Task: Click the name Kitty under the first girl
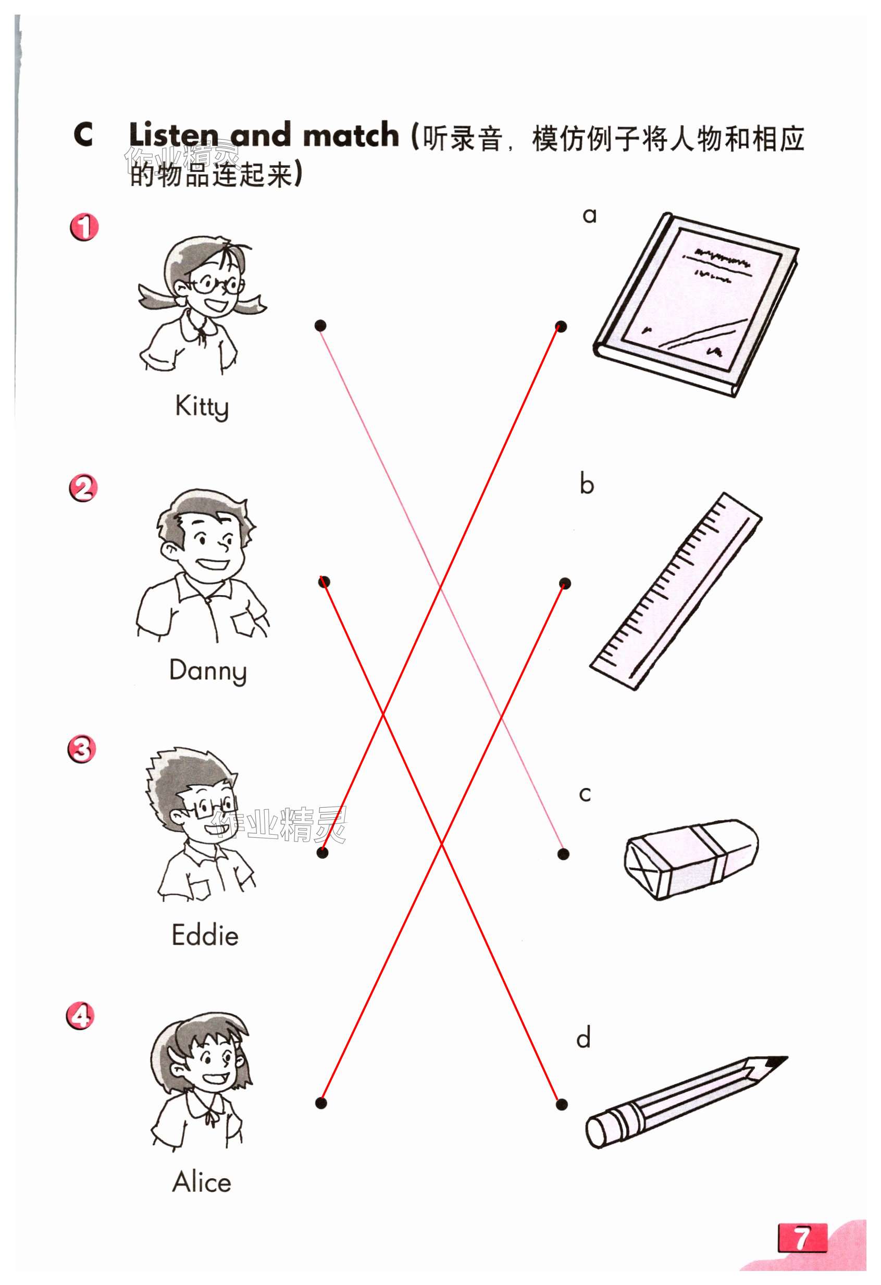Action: point(202,407)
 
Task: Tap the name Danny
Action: point(208,671)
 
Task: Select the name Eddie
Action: point(205,935)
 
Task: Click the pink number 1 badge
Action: point(84,227)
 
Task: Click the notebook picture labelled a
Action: point(696,304)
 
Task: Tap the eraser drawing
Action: point(691,859)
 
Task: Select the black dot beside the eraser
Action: point(563,854)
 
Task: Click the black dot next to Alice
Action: point(321,1103)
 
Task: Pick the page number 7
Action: point(802,1239)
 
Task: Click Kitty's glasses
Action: point(217,285)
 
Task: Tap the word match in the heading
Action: point(351,135)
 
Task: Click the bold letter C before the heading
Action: point(83,134)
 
